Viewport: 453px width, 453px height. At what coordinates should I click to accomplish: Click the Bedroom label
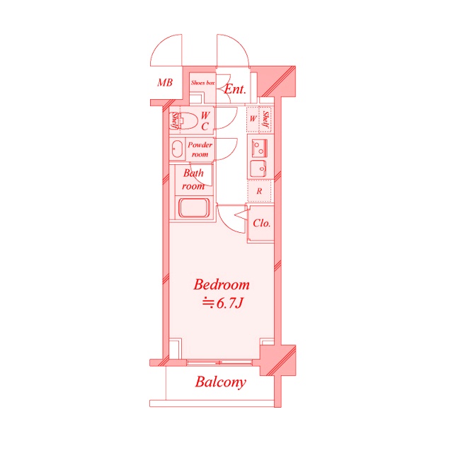point(222,285)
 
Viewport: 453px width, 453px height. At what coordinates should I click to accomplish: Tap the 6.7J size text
point(222,303)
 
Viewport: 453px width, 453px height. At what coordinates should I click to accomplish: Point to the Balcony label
point(220,382)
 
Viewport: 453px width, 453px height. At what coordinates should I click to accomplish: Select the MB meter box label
point(165,83)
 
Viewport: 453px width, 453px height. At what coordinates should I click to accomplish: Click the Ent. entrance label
point(235,89)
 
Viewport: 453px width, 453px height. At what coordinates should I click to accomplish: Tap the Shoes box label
point(202,83)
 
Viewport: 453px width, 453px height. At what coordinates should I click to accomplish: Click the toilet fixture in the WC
point(188,121)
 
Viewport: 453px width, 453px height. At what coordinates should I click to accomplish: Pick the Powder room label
point(200,149)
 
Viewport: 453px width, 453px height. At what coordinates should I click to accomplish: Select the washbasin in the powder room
point(176,149)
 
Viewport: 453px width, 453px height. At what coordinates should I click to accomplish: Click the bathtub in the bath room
point(194,207)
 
